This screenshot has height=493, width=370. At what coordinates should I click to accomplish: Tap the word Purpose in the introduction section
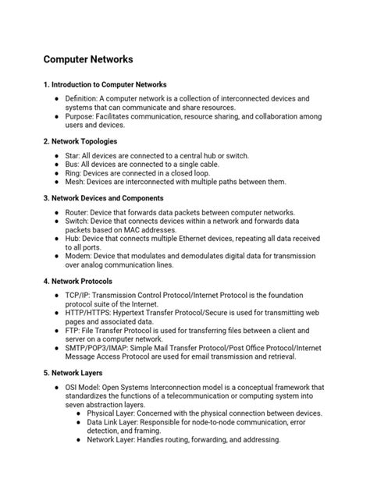pos(79,116)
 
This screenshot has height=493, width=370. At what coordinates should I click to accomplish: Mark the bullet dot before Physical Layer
pos(80,414)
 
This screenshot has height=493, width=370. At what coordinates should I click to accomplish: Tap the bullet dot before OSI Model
pos(57,388)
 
